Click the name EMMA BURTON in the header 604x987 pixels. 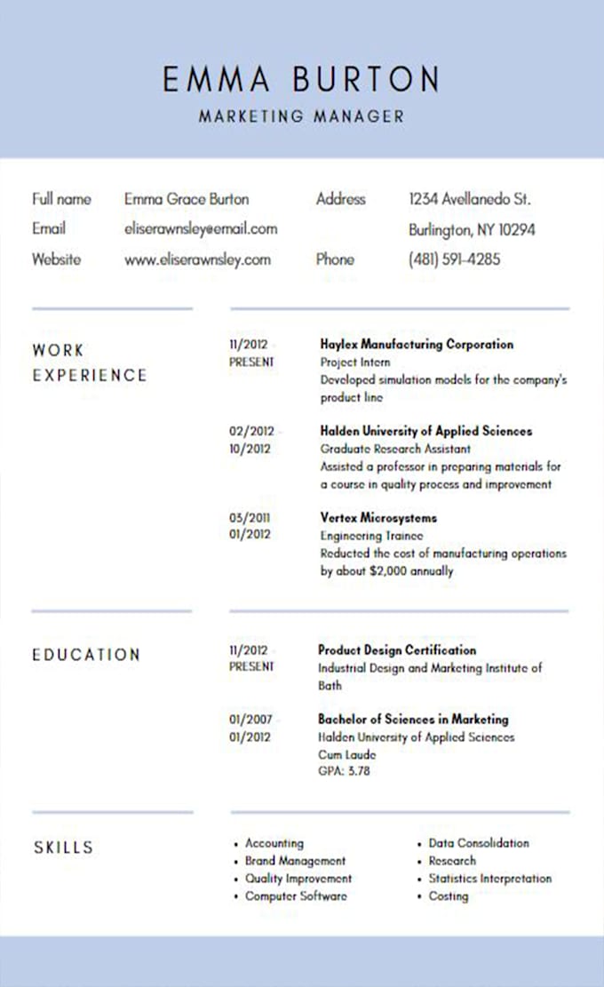[x=301, y=79]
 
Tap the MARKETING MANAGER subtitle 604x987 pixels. [x=301, y=116]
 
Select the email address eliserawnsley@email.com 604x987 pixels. [x=201, y=229]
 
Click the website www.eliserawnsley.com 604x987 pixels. [x=197, y=259]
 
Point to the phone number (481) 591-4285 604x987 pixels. [x=454, y=259]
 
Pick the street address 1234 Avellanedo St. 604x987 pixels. [x=469, y=199]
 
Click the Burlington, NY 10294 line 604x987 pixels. [x=472, y=229]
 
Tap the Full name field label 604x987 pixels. [x=61, y=199]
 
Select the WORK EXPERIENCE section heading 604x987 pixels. [x=89, y=362]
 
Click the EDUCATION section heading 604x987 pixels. [x=86, y=655]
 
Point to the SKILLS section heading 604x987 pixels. [x=63, y=847]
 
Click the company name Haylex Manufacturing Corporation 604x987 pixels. [x=417, y=344]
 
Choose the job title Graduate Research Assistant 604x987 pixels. [x=395, y=449]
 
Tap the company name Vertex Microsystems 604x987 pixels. [x=378, y=517]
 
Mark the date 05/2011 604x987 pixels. [x=250, y=517]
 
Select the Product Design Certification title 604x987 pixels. [x=397, y=649]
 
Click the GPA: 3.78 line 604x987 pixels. [x=344, y=771]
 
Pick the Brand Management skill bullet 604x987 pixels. [x=295, y=861]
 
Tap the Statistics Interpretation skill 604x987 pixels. [x=489, y=879]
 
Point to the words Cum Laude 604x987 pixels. [x=347, y=754]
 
